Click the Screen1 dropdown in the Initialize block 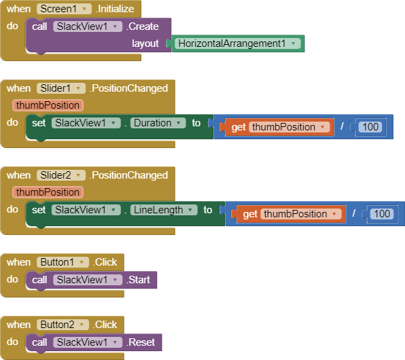64,9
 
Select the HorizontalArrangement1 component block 238,43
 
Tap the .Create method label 142,26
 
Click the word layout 145,43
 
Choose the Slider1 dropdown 61,88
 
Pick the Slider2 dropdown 61,175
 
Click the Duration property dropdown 158,123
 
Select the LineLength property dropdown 164,210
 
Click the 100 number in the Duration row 370,127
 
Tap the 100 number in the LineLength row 382,214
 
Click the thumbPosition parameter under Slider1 48,105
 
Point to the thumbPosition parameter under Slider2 48,192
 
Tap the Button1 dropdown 63,262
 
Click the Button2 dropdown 63,325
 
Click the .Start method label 138,280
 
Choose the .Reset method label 141,342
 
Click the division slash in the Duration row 342,126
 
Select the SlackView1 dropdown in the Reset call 88,342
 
